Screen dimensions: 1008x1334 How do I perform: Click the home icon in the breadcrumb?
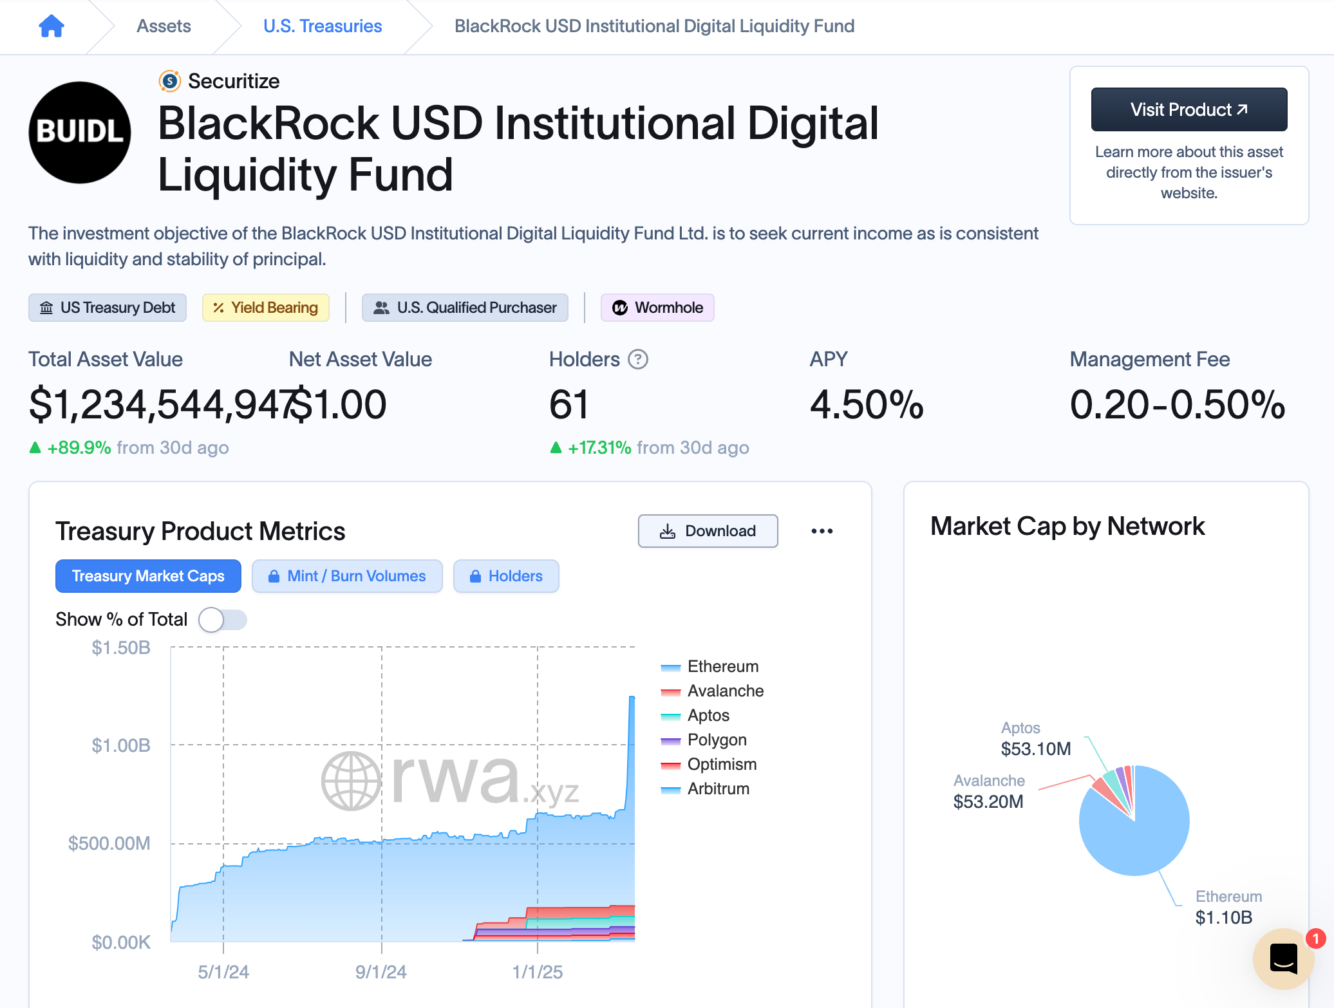pos(52,26)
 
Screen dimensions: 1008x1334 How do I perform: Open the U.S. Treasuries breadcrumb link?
pos(323,26)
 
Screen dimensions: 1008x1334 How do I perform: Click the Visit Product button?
pos(1188,109)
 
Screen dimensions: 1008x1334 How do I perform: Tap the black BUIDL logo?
pos(80,133)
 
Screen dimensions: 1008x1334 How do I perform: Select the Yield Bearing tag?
pos(266,308)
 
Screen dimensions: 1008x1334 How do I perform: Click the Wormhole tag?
pos(657,308)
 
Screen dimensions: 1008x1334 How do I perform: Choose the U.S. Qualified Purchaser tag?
pos(465,308)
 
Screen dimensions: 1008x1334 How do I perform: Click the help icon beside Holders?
pos(637,359)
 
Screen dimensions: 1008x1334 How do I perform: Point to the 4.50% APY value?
pos(867,405)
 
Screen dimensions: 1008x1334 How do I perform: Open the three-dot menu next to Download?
pos(822,531)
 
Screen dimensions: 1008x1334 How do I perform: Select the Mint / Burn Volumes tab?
pos(347,576)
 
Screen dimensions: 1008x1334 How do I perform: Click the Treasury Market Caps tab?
pos(148,576)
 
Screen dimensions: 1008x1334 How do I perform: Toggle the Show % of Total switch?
pos(222,620)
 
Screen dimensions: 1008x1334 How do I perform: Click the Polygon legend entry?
pos(717,740)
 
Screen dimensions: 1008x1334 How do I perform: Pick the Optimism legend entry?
pos(721,765)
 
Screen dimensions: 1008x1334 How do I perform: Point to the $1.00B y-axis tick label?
pos(121,745)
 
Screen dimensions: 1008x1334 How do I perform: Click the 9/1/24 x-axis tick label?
pos(381,972)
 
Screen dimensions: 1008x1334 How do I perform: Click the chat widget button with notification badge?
pos(1283,958)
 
